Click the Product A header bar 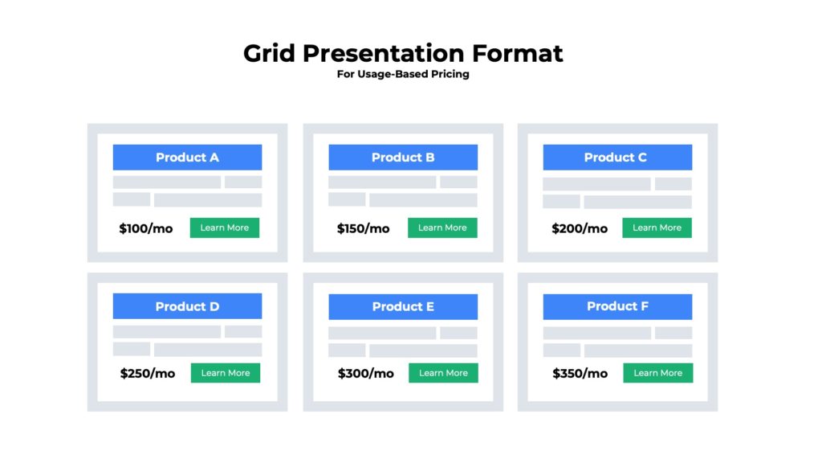pos(187,158)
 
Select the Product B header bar pos(403,158)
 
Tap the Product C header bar pos(616,158)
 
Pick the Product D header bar pos(187,306)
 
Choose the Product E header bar pos(403,306)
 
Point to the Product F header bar pos(616,306)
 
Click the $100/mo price pos(146,228)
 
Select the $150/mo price pos(363,228)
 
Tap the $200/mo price pos(580,228)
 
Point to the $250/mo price pos(148,373)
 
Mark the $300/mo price pos(365,373)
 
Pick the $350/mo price pos(580,373)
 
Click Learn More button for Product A pos(225,227)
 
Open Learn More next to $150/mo pos(442,227)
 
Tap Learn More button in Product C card pos(657,227)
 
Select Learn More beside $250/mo pos(226,373)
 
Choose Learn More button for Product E pos(443,373)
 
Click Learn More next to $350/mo pos(657,373)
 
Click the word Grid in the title pos(270,54)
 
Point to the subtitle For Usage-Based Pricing pos(403,74)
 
